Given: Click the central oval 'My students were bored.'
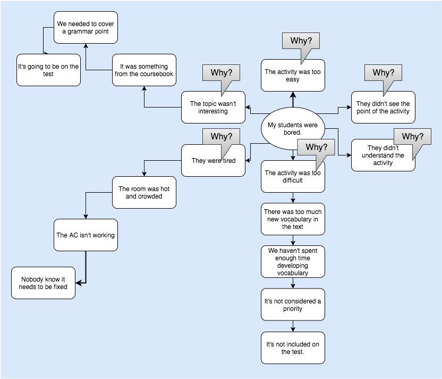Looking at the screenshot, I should (292, 128).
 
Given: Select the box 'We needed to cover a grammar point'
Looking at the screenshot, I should (86, 28).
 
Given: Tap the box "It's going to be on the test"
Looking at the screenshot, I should (48, 70).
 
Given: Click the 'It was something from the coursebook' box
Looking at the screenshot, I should (144, 70).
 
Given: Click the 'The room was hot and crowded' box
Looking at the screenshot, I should (144, 192).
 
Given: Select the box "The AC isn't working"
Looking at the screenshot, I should (86, 235).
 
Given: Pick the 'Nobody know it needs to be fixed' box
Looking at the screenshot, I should (44, 283).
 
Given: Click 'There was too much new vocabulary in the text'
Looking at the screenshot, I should (293, 219).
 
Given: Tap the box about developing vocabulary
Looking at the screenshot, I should (293, 261).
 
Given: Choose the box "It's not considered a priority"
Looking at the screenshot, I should (293, 304).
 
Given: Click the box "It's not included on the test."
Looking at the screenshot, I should (293, 348).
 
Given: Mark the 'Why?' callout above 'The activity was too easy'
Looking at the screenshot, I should (301, 41).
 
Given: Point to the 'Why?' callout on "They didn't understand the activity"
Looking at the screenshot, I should (412, 136).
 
